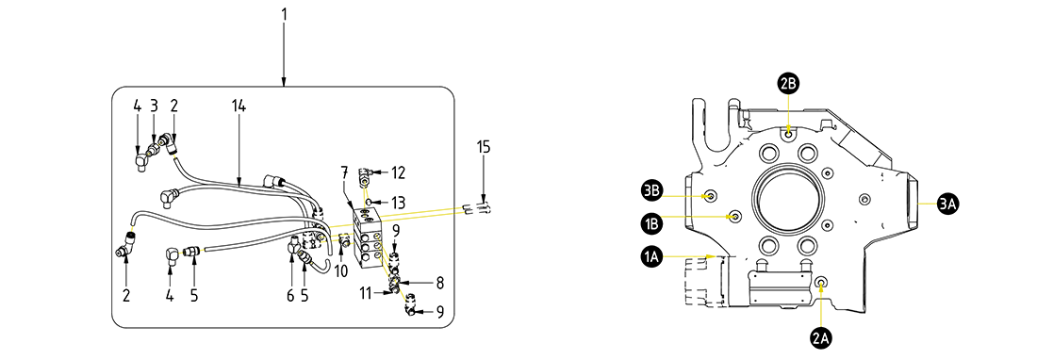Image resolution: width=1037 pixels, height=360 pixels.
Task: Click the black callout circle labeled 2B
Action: point(788,83)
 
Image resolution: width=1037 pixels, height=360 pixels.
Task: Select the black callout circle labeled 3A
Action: point(947,205)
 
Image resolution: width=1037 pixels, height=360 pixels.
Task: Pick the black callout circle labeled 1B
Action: point(651,221)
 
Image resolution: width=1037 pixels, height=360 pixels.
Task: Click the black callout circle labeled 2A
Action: point(821,338)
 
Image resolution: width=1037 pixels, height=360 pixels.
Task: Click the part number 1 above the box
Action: point(284,14)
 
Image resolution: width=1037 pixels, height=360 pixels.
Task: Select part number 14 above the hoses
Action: point(239,106)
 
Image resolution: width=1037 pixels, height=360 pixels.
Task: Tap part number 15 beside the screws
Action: point(484,147)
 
